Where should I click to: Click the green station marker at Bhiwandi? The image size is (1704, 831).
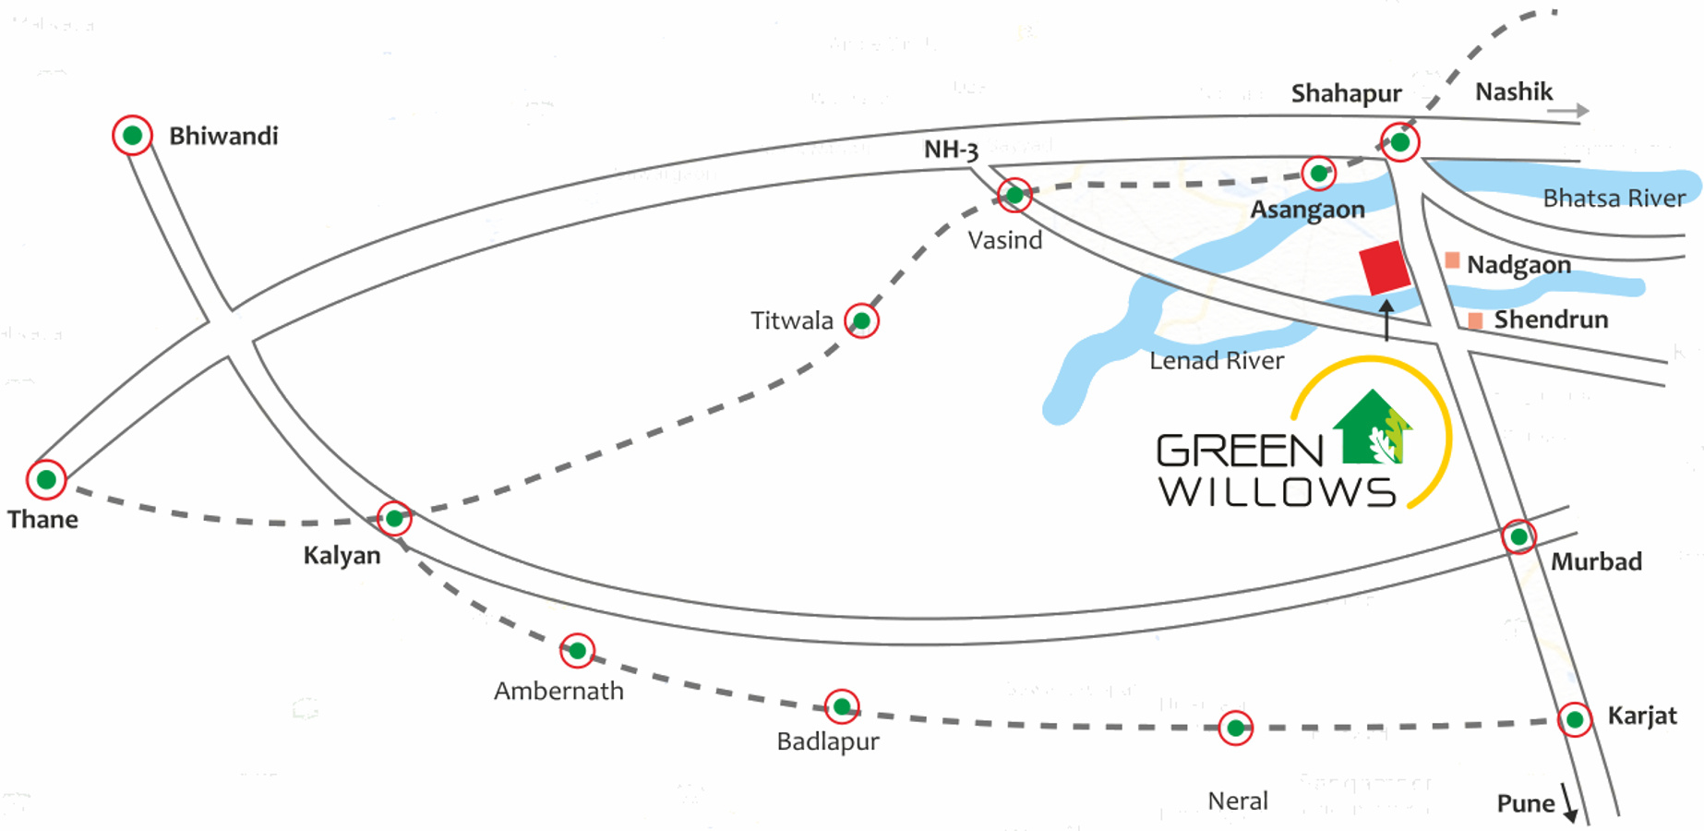(132, 136)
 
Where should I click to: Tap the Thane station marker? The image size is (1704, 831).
(46, 479)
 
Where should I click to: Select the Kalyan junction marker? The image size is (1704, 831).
(394, 518)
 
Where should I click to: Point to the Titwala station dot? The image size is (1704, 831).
(861, 320)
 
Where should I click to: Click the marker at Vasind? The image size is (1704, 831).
(1014, 195)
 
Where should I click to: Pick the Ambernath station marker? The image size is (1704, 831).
(577, 651)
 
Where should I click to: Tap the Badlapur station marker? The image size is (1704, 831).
(841, 707)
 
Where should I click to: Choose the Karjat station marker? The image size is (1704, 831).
(1574, 719)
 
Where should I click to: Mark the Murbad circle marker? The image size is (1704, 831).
(1518, 536)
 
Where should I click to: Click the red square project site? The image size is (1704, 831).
(1385, 269)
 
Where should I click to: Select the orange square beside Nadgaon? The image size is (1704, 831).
(1452, 261)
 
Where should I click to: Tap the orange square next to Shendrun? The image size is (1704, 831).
(1475, 320)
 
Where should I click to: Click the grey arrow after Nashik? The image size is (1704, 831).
(1567, 111)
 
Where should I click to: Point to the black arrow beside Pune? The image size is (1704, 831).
(1568, 802)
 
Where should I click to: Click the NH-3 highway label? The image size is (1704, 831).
(951, 150)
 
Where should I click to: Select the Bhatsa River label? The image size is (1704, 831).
(1614, 198)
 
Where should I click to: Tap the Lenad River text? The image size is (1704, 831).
(1216, 361)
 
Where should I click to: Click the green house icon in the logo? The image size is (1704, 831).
(1373, 428)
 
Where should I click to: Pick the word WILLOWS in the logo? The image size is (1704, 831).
(1277, 492)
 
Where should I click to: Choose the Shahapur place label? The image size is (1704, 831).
(1346, 93)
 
